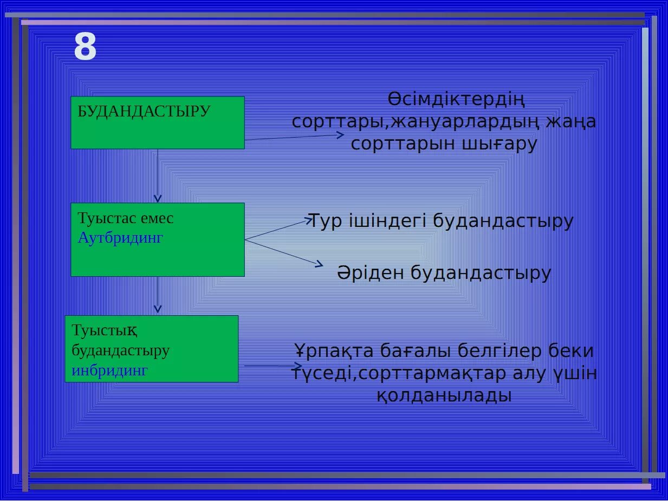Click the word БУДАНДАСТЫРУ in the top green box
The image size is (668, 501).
pos(144,111)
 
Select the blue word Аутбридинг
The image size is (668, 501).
pos(120,238)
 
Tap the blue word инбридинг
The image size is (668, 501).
pos(109,371)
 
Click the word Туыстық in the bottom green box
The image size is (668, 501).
pos(104,330)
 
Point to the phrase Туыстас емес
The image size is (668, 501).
pos(126,218)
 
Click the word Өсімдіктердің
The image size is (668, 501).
pos(456,100)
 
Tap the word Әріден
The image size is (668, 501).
pos(371,272)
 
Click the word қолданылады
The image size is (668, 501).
pos(444,395)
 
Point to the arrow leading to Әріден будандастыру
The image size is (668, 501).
pos(284,253)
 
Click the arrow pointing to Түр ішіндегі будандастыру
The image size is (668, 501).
pos(279,229)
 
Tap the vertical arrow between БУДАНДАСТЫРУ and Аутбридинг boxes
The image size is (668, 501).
pos(158,175)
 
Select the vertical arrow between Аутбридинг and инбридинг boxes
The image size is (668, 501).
pos(158,295)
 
